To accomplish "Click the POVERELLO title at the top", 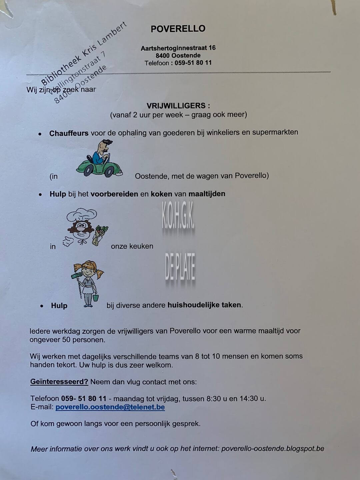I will [x=178, y=29].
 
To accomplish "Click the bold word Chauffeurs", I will [x=69, y=133].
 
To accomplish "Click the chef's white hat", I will [x=82, y=215].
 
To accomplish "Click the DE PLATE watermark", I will [x=180, y=267].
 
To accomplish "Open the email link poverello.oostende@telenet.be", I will [x=110, y=407].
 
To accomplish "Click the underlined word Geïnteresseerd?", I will [x=59, y=382].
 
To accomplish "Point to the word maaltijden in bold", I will [x=207, y=194].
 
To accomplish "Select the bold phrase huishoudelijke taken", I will [x=204, y=305].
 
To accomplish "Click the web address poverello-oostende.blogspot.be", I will [x=273, y=449].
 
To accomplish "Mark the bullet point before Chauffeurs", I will [x=40, y=134].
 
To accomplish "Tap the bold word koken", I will [x=161, y=194].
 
